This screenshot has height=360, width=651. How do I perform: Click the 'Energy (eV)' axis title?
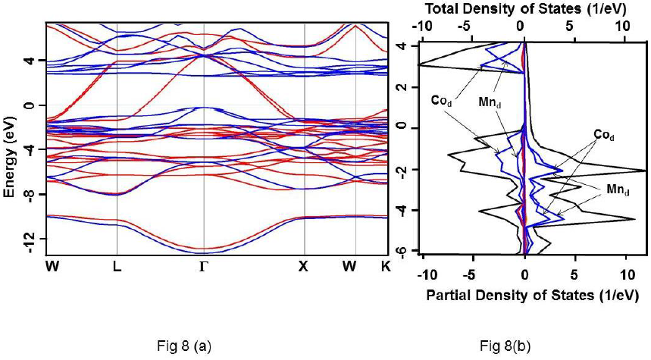[x=10, y=152]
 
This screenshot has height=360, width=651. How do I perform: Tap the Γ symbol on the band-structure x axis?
[x=203, y=266]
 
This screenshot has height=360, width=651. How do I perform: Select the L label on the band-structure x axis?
[x=117, y=266]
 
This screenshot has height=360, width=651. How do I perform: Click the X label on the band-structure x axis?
[x=305, y=266]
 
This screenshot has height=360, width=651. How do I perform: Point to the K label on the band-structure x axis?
[x=388, y=266]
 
